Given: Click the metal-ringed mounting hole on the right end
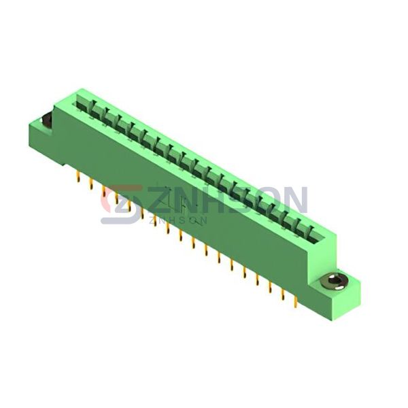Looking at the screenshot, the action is (333, 282).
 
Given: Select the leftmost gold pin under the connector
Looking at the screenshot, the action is (78, 177).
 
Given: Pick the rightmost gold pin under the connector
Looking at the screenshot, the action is (296, 303).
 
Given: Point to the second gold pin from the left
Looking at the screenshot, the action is (91, 184).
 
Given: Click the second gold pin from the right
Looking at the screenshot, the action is (283, 295).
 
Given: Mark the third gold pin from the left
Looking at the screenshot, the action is (103, 191).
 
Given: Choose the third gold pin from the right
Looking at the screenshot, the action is (270, 288).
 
